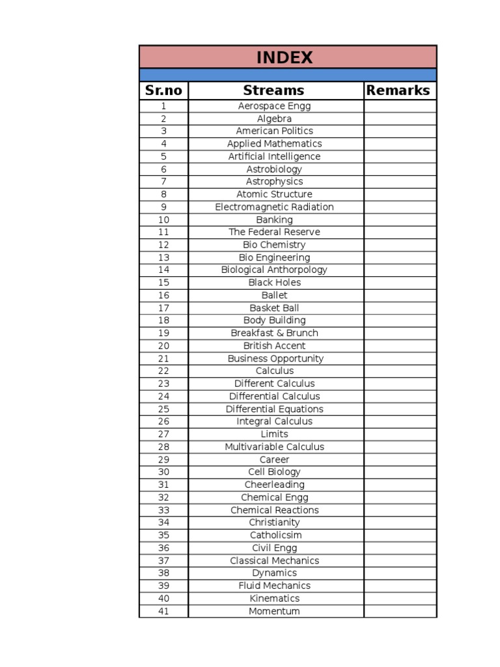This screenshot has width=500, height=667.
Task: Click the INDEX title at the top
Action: pyautogui.click(x=285, y=57)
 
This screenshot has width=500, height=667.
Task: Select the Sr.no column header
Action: pyautogui.click(x=163, y=91)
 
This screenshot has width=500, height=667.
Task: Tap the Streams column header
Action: pyautogui.click(x=274, y=91)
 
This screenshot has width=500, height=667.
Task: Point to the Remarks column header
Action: pyautogui.click(x=398, y=91)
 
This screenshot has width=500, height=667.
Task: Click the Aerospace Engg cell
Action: pyautogui.click(x=274, y=106)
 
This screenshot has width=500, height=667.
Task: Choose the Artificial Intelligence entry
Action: pyautogui.click(x=274, y=156)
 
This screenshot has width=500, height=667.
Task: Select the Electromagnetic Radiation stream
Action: pyautogui.click(x=274, y=207)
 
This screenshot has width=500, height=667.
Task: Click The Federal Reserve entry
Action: pyautogui.click(x=274, y=232)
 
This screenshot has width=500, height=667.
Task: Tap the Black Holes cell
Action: pyautogui.click(x=274, y=283)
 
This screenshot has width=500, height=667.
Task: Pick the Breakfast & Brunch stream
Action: pyautogui.click(x=274, y=333)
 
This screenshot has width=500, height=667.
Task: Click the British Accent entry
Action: pyautogui.click(x=274, y=346)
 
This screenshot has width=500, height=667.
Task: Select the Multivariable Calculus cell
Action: pyautogui.click(x=274, y=447)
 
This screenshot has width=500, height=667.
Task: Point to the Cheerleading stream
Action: pyautogui.click(x=274, y=485)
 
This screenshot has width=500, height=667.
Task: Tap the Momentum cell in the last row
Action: pyautogui.click(x=274, y=611)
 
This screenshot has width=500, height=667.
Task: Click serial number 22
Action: pyautogui.click(x=163, y=371)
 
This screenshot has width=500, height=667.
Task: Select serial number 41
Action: pyautogui.click(x=163, y=611)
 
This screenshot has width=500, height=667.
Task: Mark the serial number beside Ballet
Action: pyautogui.click(x=163, y=295)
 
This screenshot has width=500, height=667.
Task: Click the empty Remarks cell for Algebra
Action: pyautogui.click(x=400, y=119)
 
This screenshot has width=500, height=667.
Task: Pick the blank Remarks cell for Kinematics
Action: pyautogui.click(x=400, y=599)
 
